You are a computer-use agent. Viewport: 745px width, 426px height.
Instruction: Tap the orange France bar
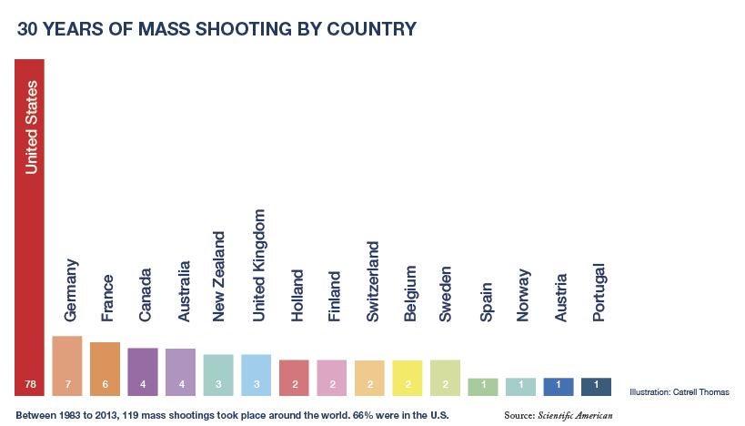106,369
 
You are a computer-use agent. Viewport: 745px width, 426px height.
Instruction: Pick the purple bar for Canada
143,371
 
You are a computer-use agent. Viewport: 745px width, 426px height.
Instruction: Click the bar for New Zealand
218,375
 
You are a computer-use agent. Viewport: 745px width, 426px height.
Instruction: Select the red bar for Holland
294,378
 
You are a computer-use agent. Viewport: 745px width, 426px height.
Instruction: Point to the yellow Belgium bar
408,378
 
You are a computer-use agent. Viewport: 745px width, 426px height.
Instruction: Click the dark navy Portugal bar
596,386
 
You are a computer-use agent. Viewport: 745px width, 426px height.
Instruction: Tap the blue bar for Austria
559,386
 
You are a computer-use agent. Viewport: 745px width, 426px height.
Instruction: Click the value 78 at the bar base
29,386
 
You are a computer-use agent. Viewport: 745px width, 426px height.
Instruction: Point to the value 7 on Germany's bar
67,386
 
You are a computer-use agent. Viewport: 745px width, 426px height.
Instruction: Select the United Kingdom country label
258,265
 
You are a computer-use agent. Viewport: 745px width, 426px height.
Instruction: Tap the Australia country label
183,291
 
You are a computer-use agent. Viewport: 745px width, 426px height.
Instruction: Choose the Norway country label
523,296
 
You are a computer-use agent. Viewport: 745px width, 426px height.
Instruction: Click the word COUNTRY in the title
374,29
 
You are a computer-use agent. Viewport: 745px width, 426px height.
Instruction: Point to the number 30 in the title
28,29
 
